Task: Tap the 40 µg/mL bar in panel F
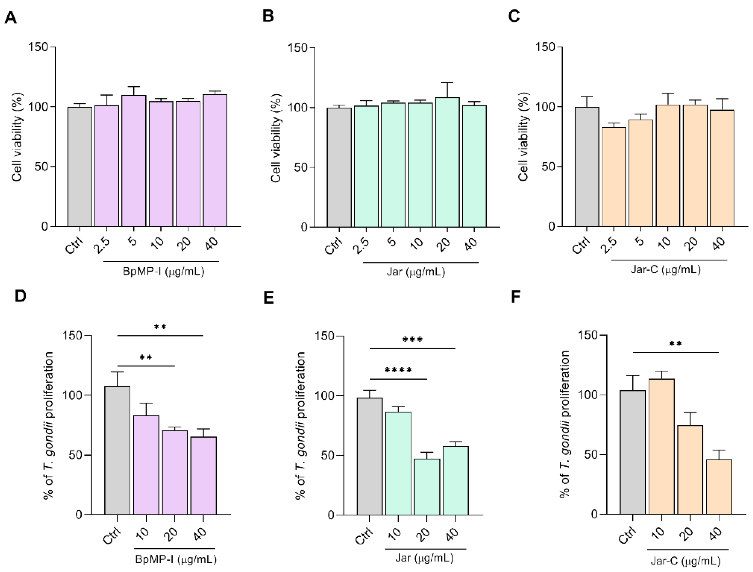(719, 487)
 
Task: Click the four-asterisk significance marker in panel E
(398, 370)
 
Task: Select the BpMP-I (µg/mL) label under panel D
(176, 559)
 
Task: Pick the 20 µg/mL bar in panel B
(447, 162)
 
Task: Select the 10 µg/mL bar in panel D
(146, 465)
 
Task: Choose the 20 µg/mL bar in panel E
(427, 487)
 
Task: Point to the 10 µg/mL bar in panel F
(661, 446)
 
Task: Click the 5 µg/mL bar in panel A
(134, 161)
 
